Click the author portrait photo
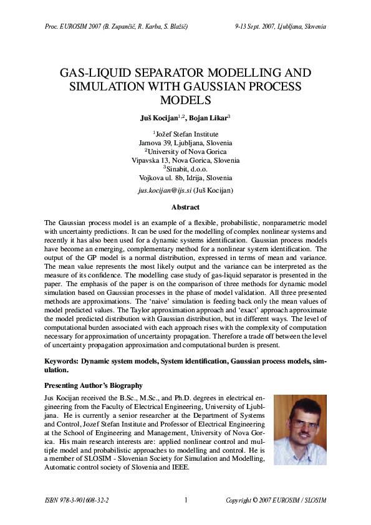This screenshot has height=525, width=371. coord(300,430)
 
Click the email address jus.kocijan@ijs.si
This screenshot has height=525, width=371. coord(165,190)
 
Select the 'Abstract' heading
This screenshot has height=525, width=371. coord(185,207)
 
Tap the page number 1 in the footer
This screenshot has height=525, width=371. coord(186,500)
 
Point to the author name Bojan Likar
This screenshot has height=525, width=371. coord(210,117)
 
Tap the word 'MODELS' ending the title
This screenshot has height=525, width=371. coord(185,100)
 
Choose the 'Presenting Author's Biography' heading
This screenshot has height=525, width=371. coord(94,385)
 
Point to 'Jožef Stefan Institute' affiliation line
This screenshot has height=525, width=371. coord(186,134)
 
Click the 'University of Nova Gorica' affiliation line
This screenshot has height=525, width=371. coord(186,152)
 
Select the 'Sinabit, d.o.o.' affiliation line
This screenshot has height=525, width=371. coord(186,169)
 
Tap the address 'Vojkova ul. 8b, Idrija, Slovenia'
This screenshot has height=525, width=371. coord(185,178)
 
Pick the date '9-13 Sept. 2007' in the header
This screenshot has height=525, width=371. coord(256,27)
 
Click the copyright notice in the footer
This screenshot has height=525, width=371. coord(275,500)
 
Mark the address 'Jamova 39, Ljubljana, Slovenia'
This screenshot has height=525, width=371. coord(185,143)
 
